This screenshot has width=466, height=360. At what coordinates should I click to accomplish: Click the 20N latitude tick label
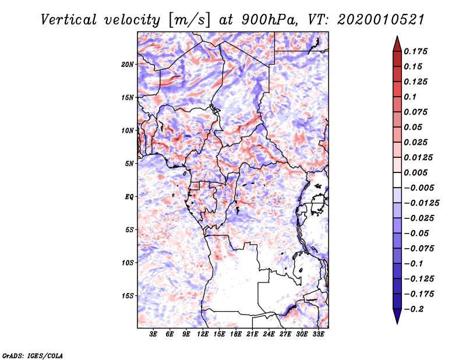pyautogui.click(x=128, y=65)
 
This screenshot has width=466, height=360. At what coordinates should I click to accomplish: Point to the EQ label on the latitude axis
pyautogui.click(x=129, y=197)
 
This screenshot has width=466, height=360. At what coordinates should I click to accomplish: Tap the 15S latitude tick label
pyautogui.click(x=128, y=296)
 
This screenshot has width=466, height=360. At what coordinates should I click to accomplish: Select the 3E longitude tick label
pyautogui.click(x=153, y=334)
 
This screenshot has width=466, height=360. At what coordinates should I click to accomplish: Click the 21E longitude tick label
pyautogui.click(x=252, y=334)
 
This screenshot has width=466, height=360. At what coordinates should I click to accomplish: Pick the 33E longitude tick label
pyautogui.click(x=318, y=334)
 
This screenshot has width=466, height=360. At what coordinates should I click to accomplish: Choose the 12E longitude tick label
pyautogui.click(x=203, y=334)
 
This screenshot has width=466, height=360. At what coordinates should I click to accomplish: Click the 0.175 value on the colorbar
pyautogui.click(x=415, y=51)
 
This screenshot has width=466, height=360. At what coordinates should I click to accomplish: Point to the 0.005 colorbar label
pyautogui.click(x=415, y=172)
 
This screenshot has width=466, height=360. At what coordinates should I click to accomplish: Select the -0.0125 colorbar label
pyautogui.click(x=421, y=203)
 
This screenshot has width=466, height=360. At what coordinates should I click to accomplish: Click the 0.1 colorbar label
pyautogui.click(x=410, y=97)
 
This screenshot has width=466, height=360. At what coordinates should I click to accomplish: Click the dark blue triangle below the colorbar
pyautogui.click(x=397, y=316)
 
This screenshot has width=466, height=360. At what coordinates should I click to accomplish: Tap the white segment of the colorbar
pyautogui.click(x=397, y=180)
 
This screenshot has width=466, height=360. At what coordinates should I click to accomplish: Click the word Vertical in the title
pyautogui.click(x=69, y=20)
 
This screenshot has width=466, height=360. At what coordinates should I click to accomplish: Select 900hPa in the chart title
pyautogui.click(x=269, y=20)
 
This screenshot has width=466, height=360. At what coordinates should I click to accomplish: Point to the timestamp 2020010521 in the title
pyautogui.click(x=381, y=20)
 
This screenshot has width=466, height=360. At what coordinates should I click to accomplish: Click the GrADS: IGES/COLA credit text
pyautogui.click(x=33, y=355)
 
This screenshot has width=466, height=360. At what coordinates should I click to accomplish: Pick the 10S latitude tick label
pyautogui.click(x=128, y=263)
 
